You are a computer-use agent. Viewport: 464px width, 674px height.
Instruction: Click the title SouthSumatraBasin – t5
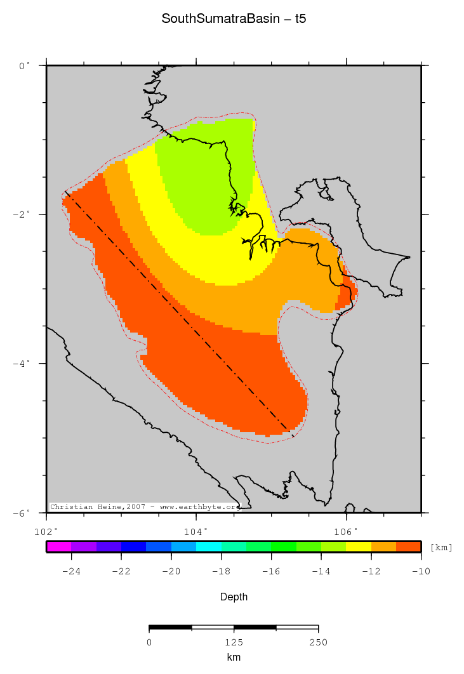click(233, 19)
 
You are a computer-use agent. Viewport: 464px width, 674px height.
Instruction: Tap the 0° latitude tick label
click(25, 65)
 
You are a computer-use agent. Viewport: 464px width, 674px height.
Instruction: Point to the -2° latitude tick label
click(22, 215)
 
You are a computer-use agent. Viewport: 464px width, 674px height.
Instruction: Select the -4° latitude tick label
click(22, 364)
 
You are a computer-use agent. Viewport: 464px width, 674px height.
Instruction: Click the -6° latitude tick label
click(22, 513)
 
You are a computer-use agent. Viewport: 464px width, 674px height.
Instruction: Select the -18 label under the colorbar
click(221, 571)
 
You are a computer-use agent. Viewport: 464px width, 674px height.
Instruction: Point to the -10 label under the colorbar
click(420, 571)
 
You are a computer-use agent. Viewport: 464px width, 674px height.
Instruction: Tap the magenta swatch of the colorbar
click(58, 546)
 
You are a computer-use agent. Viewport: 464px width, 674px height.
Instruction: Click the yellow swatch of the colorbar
click(359, 546)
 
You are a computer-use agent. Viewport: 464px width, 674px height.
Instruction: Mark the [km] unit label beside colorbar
click(441, 547)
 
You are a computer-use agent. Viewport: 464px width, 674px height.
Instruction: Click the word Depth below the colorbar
click(234, 597)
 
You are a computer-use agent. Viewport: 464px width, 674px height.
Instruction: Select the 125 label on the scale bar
click(234, 642)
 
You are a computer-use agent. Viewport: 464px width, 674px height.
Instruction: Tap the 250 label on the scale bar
click(318, 642)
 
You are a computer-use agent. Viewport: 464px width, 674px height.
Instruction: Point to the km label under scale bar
click(234, 657)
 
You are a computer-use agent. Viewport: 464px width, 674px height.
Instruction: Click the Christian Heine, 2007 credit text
click(145, 507)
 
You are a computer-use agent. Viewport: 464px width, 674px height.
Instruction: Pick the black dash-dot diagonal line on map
click(178, 314)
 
